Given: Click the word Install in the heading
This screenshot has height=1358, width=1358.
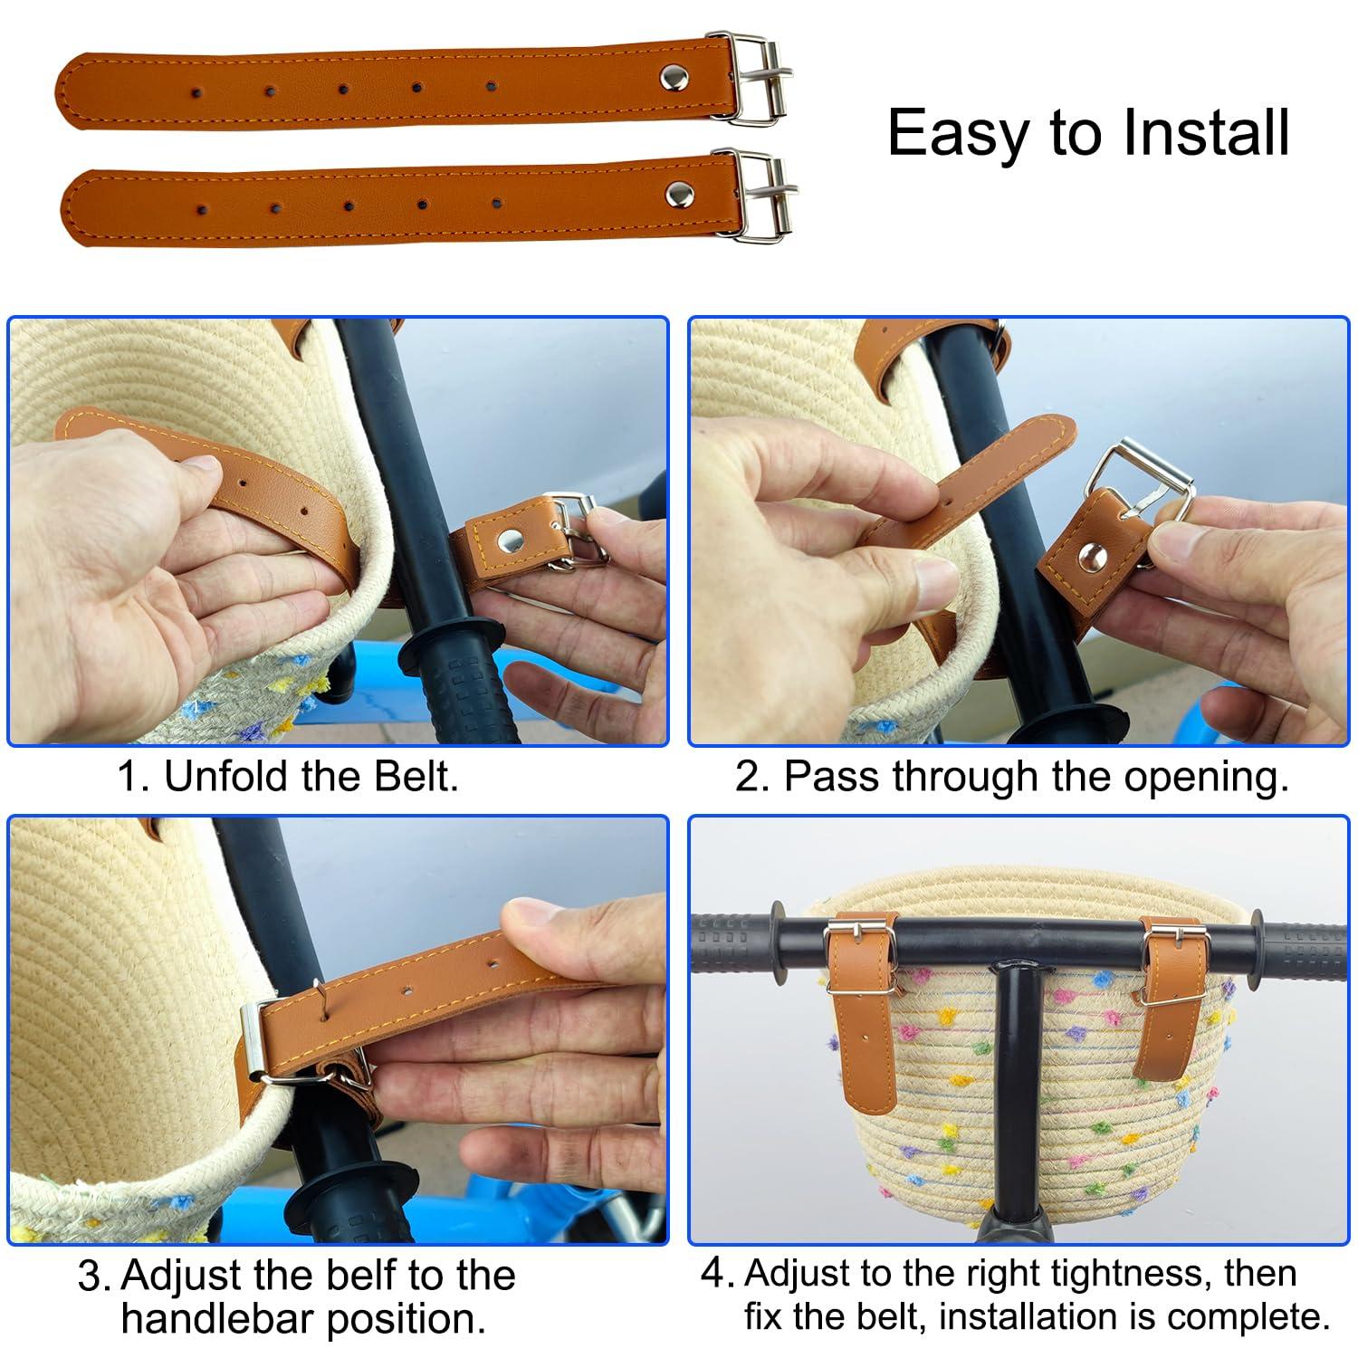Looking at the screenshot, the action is tap(1206, 133).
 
